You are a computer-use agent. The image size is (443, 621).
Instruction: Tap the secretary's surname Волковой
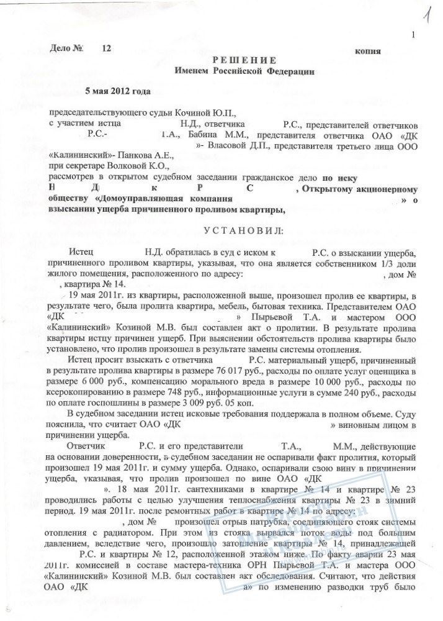click(130, 166)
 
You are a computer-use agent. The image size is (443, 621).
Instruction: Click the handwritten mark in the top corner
click(428, 12)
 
